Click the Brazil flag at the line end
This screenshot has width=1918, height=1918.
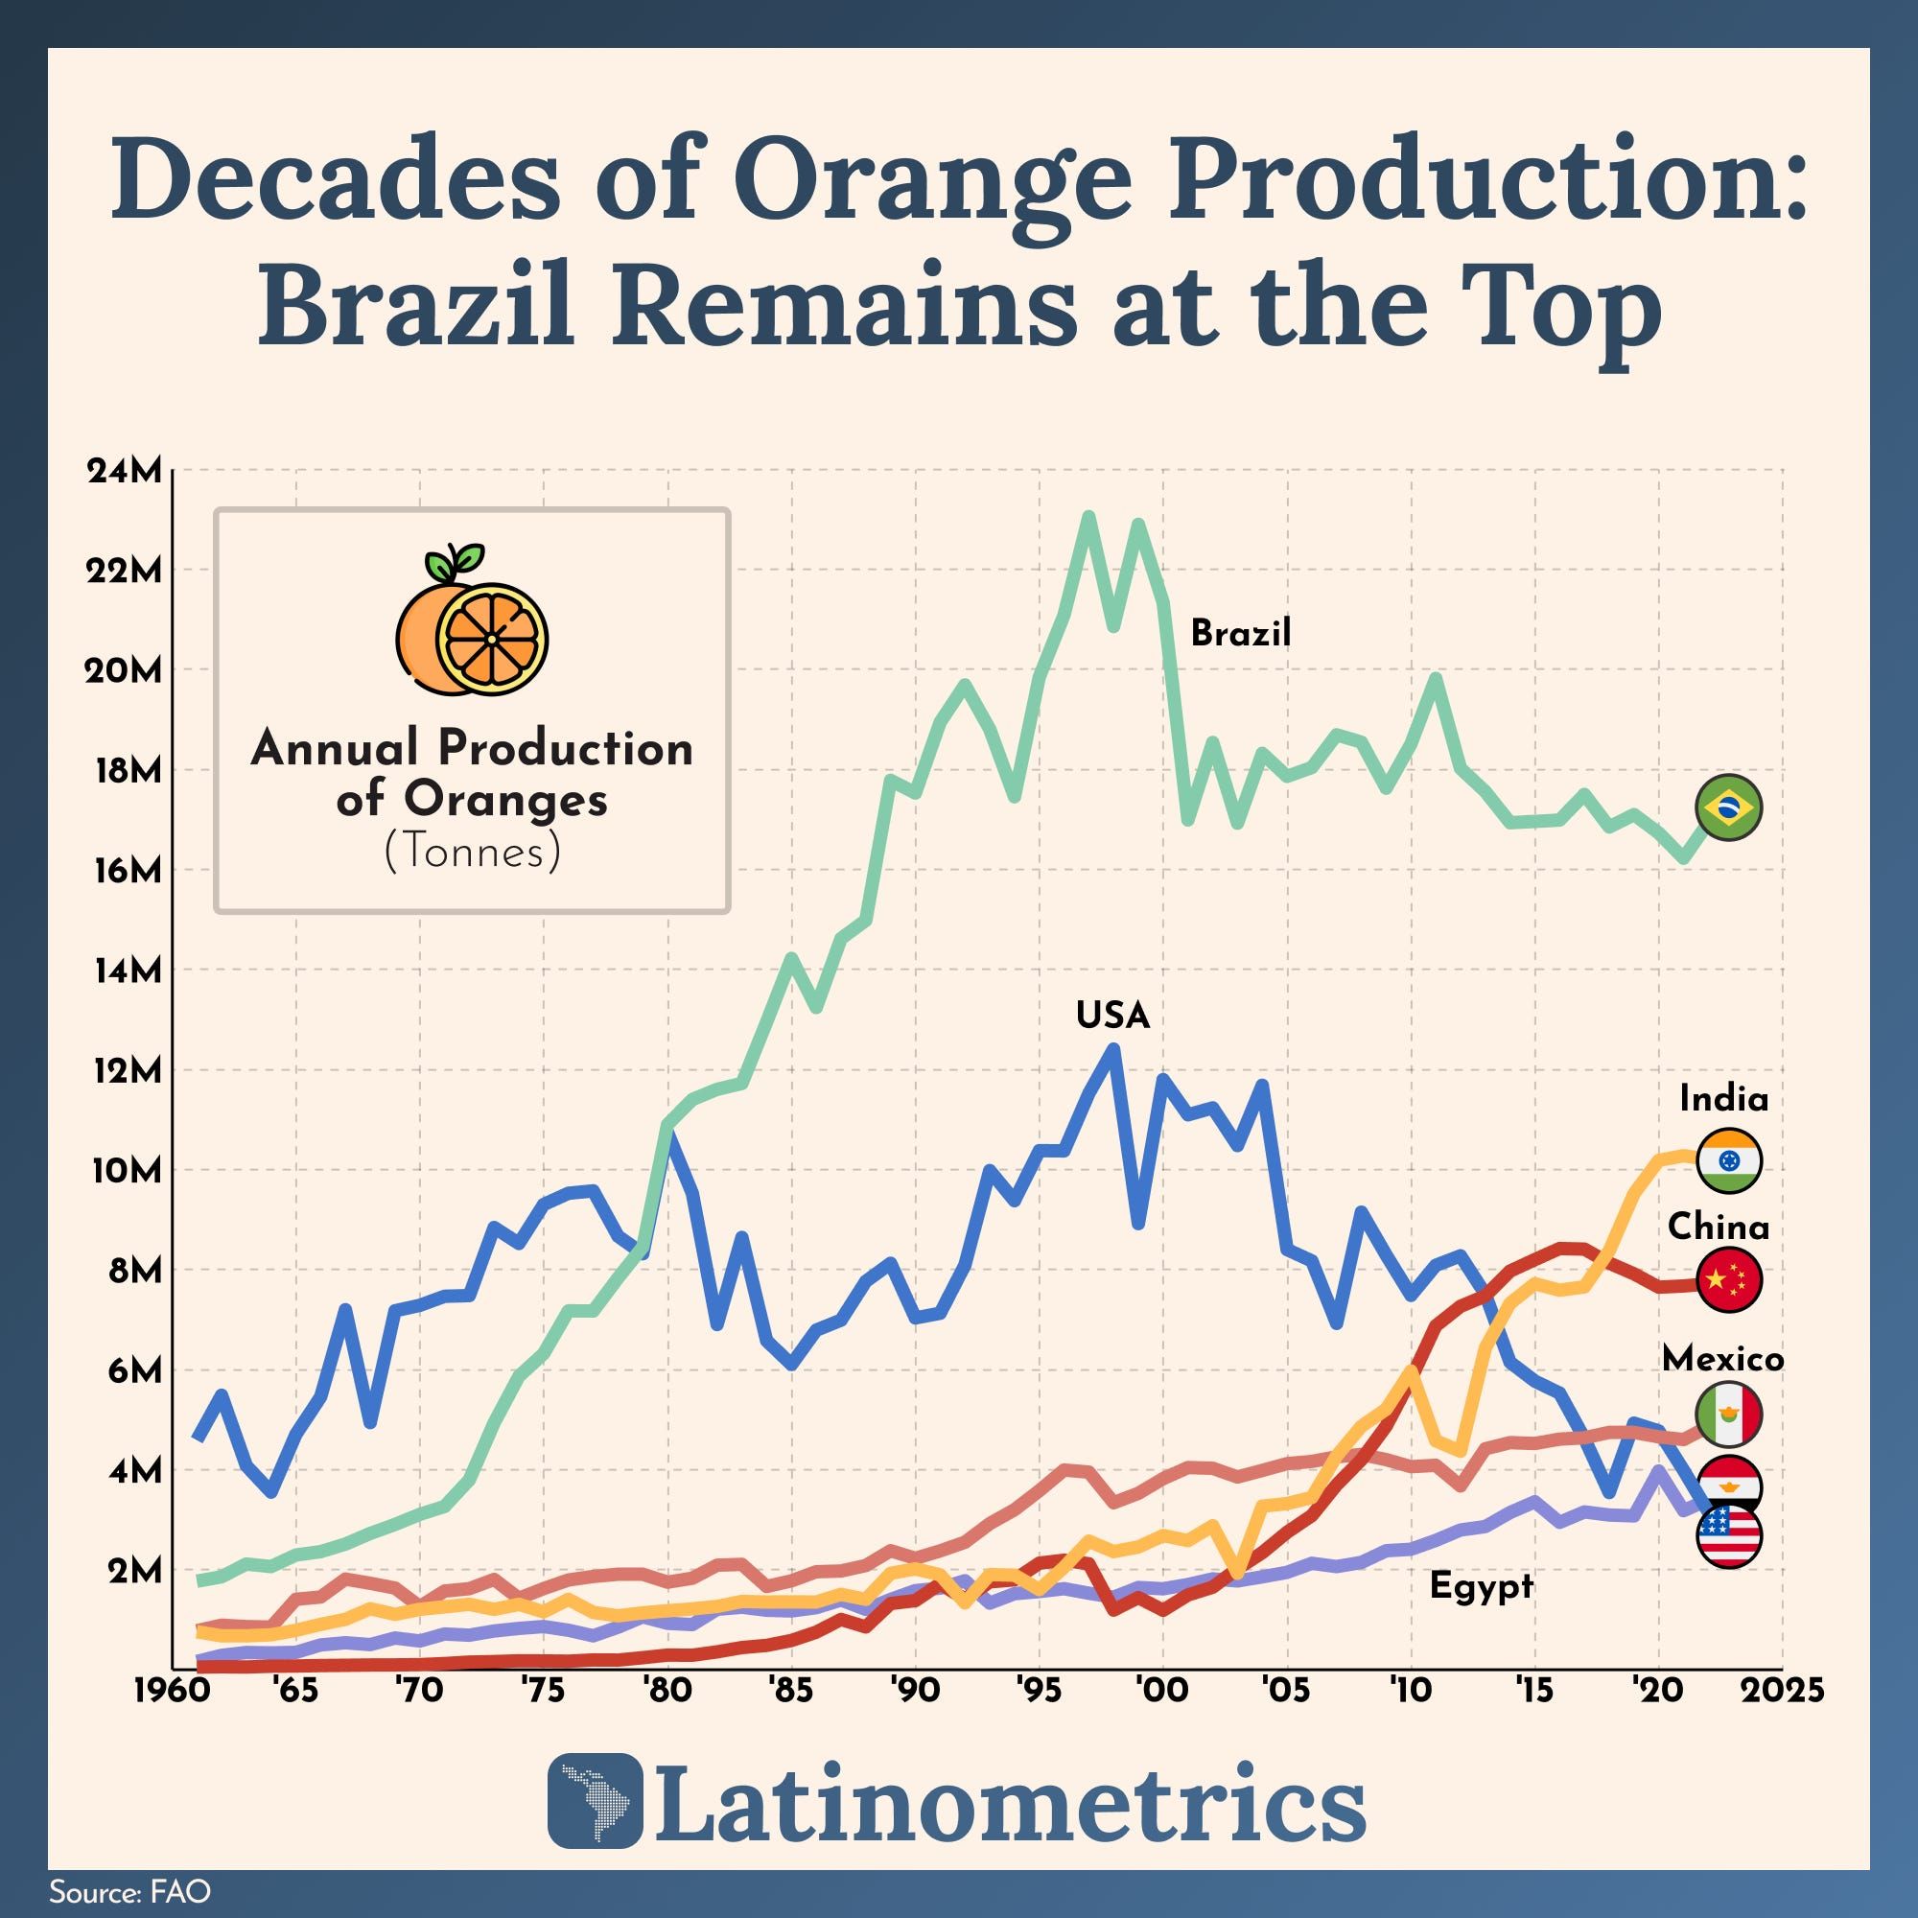[1729, 808]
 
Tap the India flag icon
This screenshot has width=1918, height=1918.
[1729, 1159]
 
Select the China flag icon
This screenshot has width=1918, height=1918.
[1729, 1280]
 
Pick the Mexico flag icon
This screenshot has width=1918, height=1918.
[1729, 1415]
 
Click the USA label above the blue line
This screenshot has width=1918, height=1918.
[1112, 1016]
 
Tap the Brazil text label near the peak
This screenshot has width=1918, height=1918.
[1240, 632]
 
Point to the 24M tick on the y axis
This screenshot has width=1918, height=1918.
[124, 472]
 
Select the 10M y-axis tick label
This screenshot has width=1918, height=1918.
[124, 1170]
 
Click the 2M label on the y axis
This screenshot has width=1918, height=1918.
[134, 1571]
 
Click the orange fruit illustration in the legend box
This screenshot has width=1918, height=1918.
[472, 620]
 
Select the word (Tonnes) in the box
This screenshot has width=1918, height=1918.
[472, 853]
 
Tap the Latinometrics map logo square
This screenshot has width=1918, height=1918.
[594, 1813]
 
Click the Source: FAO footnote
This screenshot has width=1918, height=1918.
[130, 1891]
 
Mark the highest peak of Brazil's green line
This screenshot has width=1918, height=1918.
[1088, 516]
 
